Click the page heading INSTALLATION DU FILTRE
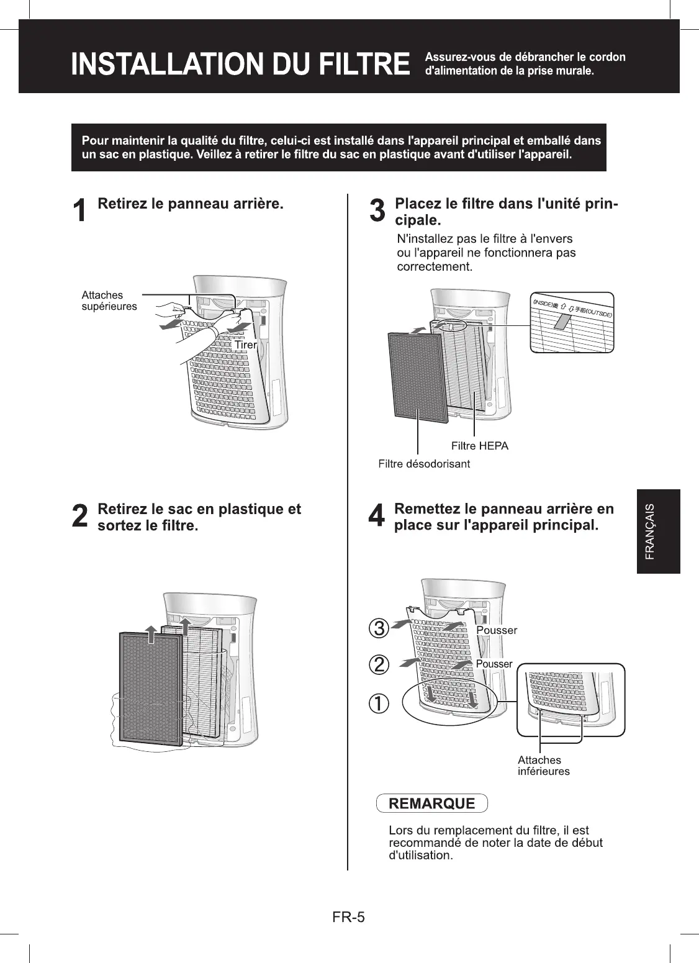[240, 65]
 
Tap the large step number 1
[79, 211]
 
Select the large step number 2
[79, 517]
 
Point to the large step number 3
[377, 211]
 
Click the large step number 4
[377, 517]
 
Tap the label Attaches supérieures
[109, 301]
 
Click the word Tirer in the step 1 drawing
[246, 345]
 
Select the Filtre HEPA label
[479, 446]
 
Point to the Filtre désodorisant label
[424, 464]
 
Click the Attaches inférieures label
[543, 766]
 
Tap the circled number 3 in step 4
[379, 628]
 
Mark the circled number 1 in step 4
[379, 703]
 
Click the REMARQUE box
[431, 803]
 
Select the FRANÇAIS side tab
[658, 531]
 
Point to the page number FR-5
[348, 916]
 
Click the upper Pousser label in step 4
[497, 630]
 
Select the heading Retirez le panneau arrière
[191, 204]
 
